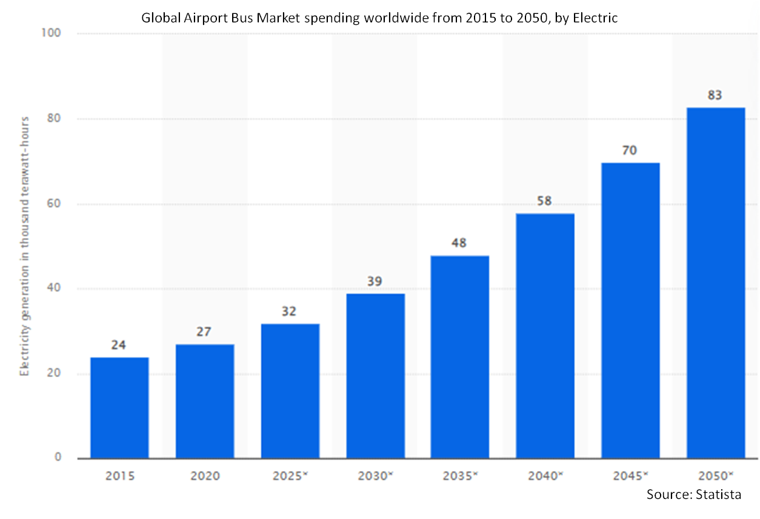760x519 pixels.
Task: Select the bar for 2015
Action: pyautogui.click(x=119, y=407)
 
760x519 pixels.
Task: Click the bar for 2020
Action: pyautogui.click(x=205, y=401)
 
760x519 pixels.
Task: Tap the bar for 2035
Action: pyautogui.click(x=460, y=357)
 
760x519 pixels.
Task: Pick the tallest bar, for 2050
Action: pyautogui.click(x=716, y=283)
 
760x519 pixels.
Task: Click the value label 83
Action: pyautogui.click(x=715, y=95)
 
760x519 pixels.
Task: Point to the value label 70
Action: pyautogui.click(x=629, y=150)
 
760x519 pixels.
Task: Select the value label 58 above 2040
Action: pyautogui.click(x=544, y=201)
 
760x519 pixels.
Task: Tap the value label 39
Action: pyautogui.click(x=375, y=281)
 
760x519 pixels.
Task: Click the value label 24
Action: pyautogui.click(x=118, y=345)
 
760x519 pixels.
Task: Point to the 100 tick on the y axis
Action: pyautogui.click(x=51, y=33)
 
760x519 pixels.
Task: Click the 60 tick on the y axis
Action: pyautogui.click(x=53, y=203)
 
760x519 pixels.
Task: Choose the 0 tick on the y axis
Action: pyautogui.click(x=58, y=457)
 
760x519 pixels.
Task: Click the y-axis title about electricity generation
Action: pyautogui.click(x=24, y=246)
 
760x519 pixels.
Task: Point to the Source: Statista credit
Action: pyautogui.click(x=694, y=494)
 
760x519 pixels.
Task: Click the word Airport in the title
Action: pyautogui.click(x=205, y=18)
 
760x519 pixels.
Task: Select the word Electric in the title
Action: pyautogui.click(x=595, y=18)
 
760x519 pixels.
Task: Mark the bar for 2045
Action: pyautogui.click(x=630, y=310)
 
